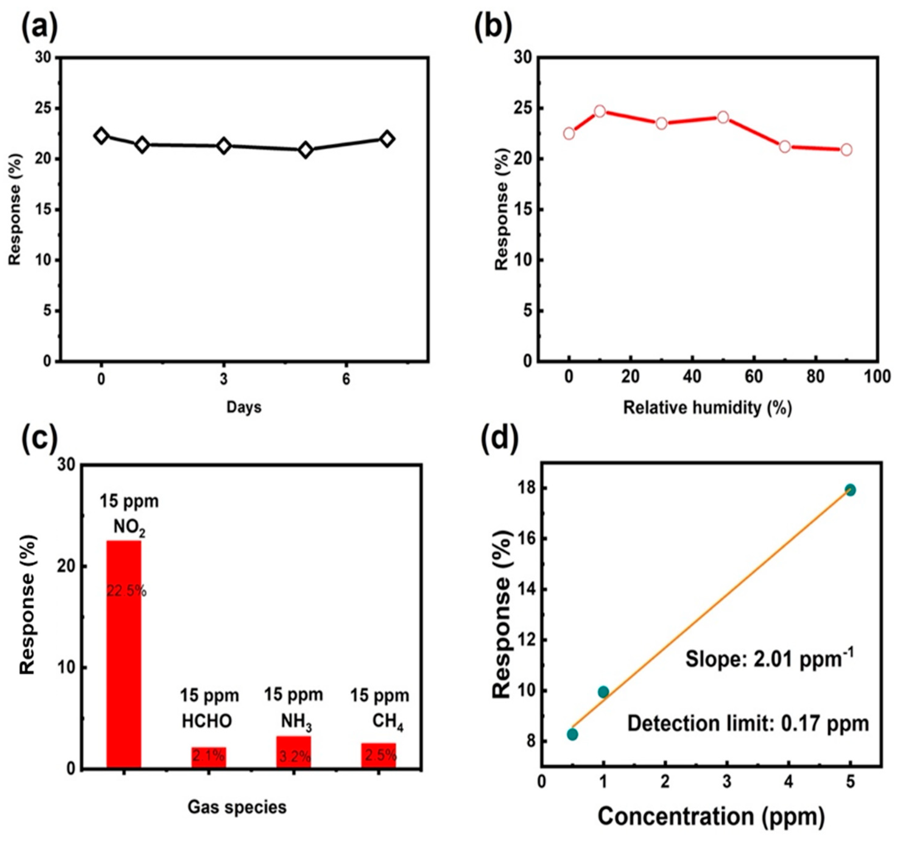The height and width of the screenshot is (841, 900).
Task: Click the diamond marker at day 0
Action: coord(101,136)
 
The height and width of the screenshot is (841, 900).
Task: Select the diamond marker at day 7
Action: coord(387,139)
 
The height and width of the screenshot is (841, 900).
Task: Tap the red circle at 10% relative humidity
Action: coord(600,111)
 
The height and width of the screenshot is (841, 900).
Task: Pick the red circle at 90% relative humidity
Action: coord(846,150)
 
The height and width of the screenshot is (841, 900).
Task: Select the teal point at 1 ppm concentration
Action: coord(603,692)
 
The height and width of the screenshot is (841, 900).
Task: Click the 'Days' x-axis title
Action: coord(244,407)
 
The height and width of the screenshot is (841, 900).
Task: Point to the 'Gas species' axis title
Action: coord(237,807)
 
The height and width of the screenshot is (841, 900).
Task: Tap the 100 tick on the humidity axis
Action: coord(877,377)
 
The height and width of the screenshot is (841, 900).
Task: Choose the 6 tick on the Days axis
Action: coord(346,379)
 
